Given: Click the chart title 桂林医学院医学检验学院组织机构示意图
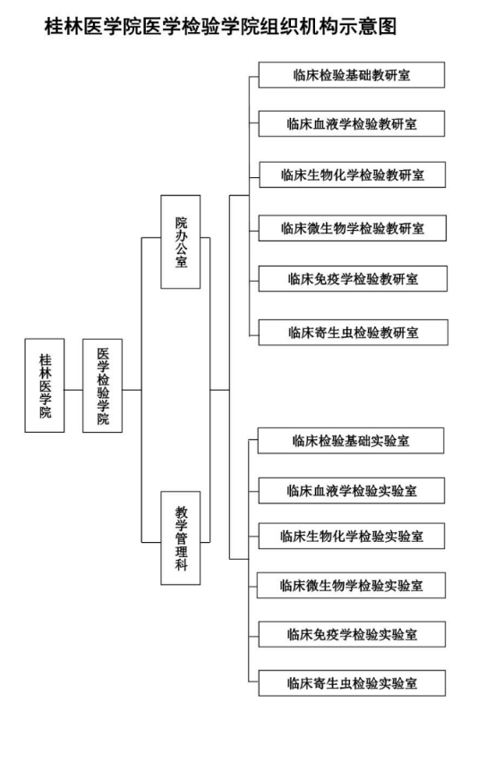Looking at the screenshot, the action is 220,26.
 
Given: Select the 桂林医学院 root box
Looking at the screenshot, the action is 45,385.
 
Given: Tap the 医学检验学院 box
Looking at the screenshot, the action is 102,385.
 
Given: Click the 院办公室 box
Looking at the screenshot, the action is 181,241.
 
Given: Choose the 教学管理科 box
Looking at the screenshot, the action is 181,538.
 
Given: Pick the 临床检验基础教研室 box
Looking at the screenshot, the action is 352,75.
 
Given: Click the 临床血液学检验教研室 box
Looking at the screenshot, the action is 352,123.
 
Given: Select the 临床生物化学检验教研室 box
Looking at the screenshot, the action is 352,174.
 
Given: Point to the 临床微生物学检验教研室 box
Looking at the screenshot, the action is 353,228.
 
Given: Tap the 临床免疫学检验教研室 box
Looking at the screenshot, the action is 353,279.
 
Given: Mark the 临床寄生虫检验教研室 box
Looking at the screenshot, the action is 353,333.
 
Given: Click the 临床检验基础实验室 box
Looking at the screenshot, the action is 351,441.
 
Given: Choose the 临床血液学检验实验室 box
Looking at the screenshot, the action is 352,491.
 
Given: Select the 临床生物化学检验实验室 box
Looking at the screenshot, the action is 352,537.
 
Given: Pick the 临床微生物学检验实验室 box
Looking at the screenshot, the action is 351,586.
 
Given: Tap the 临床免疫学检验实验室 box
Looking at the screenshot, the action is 352,634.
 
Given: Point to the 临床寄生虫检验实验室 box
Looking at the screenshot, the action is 352,683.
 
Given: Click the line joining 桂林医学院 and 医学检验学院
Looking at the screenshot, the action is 73,390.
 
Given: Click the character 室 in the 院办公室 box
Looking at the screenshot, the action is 181,262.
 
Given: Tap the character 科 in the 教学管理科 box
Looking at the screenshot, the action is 181,564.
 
